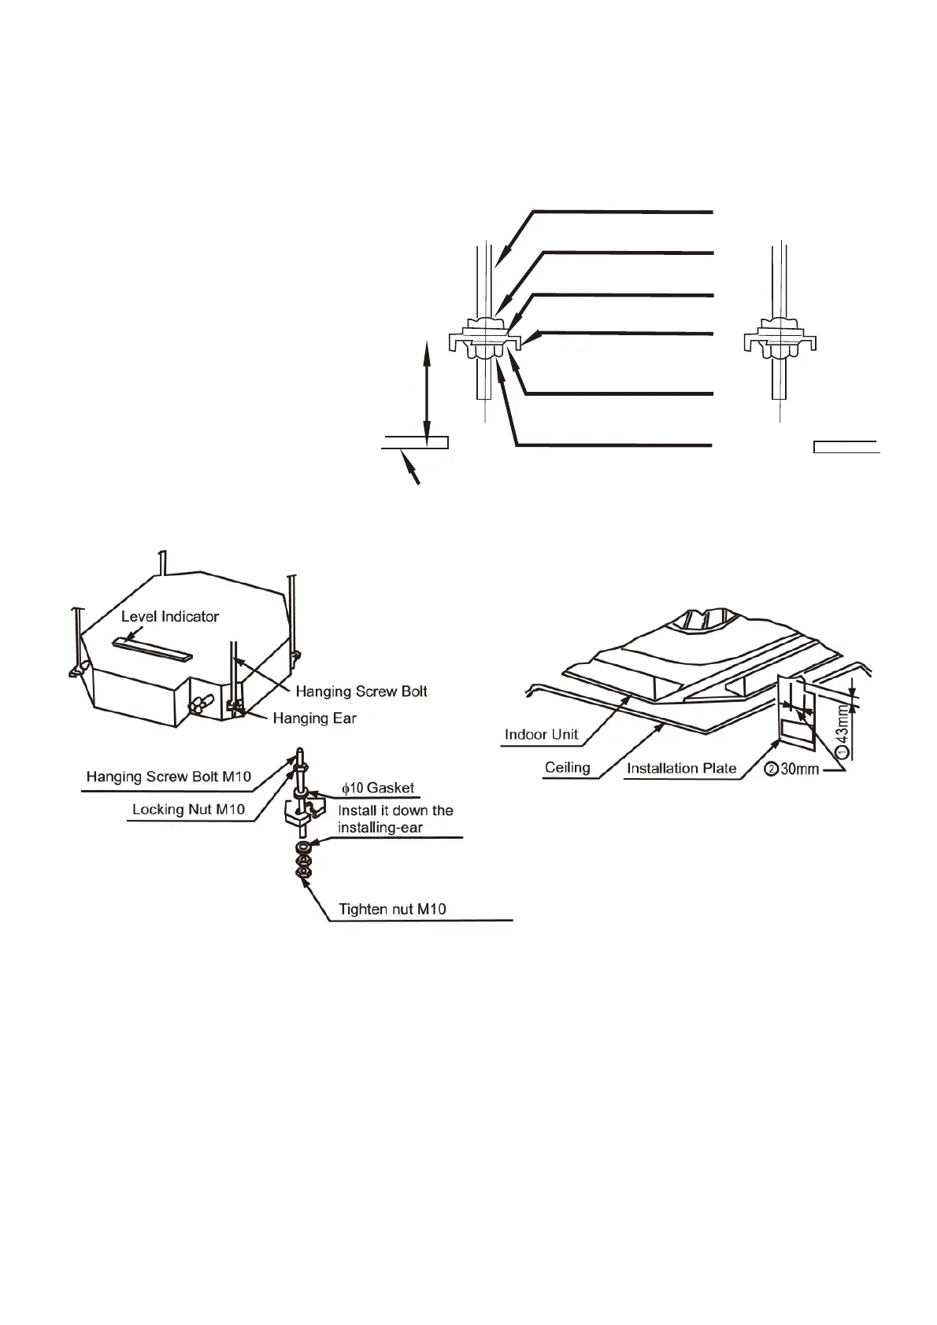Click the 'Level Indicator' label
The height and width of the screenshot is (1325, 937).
169,616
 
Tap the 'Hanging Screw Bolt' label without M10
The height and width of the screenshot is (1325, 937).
361,691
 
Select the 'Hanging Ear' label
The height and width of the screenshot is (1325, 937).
314,718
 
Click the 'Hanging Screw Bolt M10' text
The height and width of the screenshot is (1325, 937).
169,777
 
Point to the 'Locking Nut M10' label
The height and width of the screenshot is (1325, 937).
188,809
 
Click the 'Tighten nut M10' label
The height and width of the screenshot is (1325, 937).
392,909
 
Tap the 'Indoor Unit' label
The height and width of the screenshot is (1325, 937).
541,734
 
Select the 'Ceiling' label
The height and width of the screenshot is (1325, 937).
567,767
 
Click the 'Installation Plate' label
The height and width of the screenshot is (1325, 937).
681,767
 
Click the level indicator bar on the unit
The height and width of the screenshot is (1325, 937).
152,648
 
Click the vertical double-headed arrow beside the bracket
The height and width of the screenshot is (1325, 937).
427,391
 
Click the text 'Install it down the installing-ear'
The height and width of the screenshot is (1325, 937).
395,818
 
